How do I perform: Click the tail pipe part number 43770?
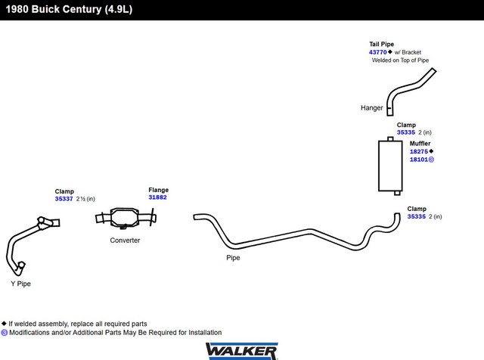tap(377, 52)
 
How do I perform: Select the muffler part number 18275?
tap(418, 151)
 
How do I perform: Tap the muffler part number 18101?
tap(418, 160)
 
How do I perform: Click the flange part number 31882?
tap(157, 197)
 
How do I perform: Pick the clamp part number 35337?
tap(64, 199)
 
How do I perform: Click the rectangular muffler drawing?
tap(390, 166)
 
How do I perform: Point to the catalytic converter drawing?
tap(125, 218)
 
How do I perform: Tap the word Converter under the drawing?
tap(125, 241)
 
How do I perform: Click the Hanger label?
tap(371, 107)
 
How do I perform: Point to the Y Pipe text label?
tap(20, 284)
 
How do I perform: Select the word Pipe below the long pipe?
tap(233, 258)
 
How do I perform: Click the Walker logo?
tap(242, 351)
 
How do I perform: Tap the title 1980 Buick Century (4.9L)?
tap(69, 9)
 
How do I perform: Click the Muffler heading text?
tap(420, 144)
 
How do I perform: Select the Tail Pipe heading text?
tap(381, 44)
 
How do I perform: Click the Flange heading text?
tap(158, 190)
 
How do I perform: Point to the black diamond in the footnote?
tap(4, 324)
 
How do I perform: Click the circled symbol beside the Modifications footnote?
tap(4, 333)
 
